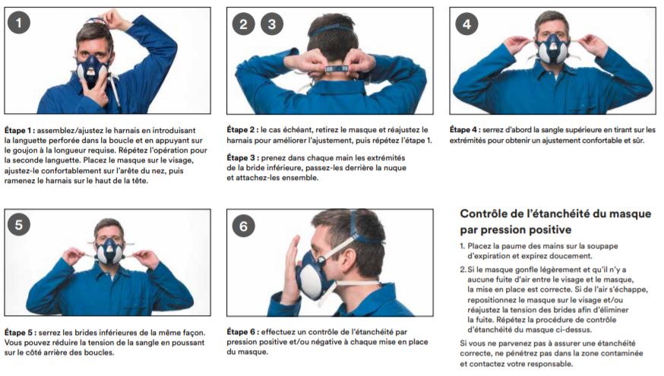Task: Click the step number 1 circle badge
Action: coord(19,24)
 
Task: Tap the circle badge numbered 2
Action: coord(242,24)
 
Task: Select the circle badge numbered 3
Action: coord(270,24)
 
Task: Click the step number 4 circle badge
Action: coord(466,24)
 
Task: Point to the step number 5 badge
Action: coord(19,225)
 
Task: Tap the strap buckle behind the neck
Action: coord(331,68)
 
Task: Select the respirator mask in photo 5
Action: coord(109,251)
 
